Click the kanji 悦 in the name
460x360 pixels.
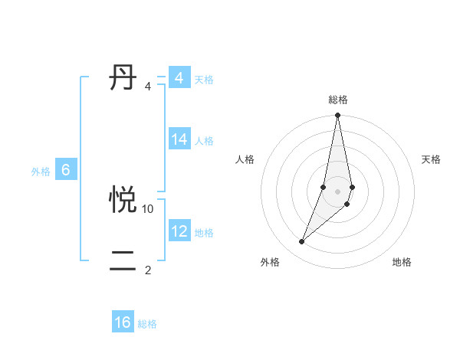coord(123,200)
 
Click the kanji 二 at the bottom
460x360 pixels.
coord(123,260)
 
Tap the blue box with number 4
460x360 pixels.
coord(179,78)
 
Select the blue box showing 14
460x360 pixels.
coord(179,139)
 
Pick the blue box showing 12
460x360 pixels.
coord(179,231)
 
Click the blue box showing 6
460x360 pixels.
coord(66,170)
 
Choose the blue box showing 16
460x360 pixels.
coord(123,323)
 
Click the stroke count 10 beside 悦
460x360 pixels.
coord(148,208)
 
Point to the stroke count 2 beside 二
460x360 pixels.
coord(148,270)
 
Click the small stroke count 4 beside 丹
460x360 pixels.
coord(148,86)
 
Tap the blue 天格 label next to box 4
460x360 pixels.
coord(204,80)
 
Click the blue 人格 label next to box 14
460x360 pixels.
coord(204,141)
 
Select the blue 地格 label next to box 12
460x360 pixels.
coord(204,233)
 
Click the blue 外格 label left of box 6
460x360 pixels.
coord(41,172)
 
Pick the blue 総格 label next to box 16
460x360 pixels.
coord(147,325)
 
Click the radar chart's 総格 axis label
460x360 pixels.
coord(338,100)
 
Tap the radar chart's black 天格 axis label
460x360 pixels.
coord(431,159)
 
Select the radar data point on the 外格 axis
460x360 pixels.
coord(302,242)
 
